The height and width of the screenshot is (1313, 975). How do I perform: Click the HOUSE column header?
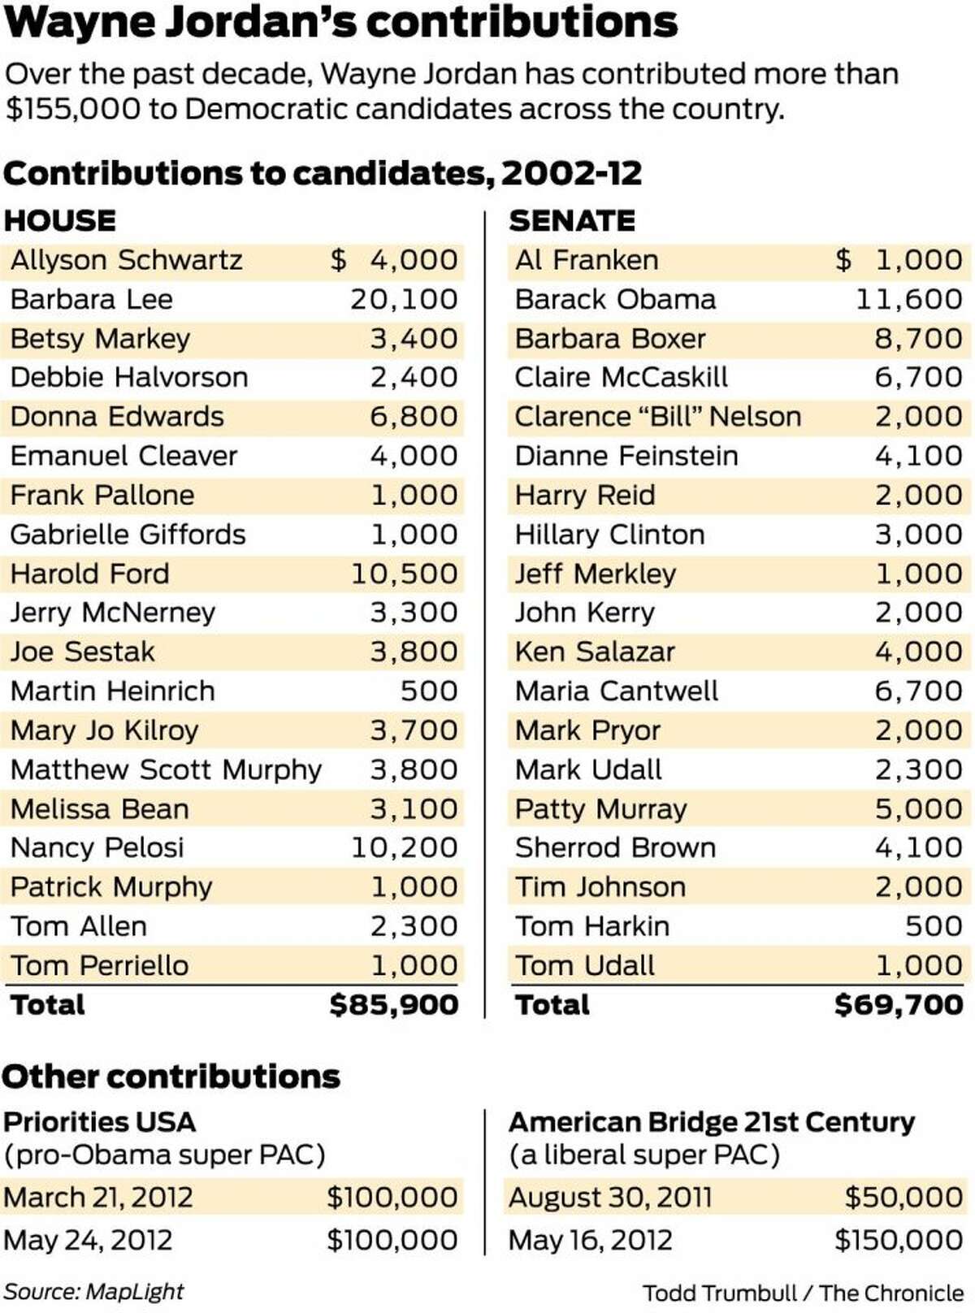(60, 220)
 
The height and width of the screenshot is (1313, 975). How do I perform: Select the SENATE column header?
(572, 220)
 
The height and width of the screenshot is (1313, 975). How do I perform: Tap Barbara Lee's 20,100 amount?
(404, 299)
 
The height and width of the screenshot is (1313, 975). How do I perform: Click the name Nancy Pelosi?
(97, 847)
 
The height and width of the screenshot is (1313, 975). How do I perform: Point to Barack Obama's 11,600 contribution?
(908, 299)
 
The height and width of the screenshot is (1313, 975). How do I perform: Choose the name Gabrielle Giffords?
(128, 534)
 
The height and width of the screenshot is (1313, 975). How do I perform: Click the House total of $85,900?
(394, 1004)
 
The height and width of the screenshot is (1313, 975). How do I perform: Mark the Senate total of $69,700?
(899, 1004)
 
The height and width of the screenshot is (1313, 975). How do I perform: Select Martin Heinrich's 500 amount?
(429, 691)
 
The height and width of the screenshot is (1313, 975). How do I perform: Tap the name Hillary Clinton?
(609, 534)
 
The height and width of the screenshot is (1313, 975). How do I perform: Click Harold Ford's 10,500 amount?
(404, 574)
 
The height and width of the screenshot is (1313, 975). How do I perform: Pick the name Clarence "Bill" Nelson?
(658, 416)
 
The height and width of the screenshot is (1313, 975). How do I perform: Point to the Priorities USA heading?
(99, 1122)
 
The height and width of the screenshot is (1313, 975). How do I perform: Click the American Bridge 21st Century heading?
(712, 1122)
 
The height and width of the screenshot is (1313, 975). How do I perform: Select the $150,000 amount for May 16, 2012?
(899, 1239)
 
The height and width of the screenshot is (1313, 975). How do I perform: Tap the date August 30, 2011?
(610, 1197)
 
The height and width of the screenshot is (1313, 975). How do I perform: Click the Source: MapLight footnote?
(93, 1291)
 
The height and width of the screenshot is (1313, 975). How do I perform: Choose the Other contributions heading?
(171, 1076)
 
